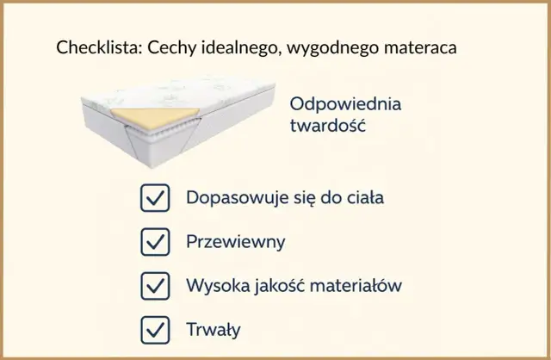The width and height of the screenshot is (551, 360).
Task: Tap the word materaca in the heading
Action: point(423,47)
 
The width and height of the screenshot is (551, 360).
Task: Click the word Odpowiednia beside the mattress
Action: point(345,105)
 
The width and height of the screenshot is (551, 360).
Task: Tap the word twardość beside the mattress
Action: point(328,127)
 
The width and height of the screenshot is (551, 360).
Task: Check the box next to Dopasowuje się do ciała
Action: point(154,197)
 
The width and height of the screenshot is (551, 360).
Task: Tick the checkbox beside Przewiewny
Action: point(154,241)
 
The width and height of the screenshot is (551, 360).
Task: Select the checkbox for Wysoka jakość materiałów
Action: point(154,285)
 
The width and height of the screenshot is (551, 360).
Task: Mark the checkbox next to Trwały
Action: point(154,329)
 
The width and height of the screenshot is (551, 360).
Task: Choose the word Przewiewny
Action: point(235,241)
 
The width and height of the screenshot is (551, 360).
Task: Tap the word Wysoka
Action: point(214,285)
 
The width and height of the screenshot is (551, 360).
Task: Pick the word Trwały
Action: point(214,329)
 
